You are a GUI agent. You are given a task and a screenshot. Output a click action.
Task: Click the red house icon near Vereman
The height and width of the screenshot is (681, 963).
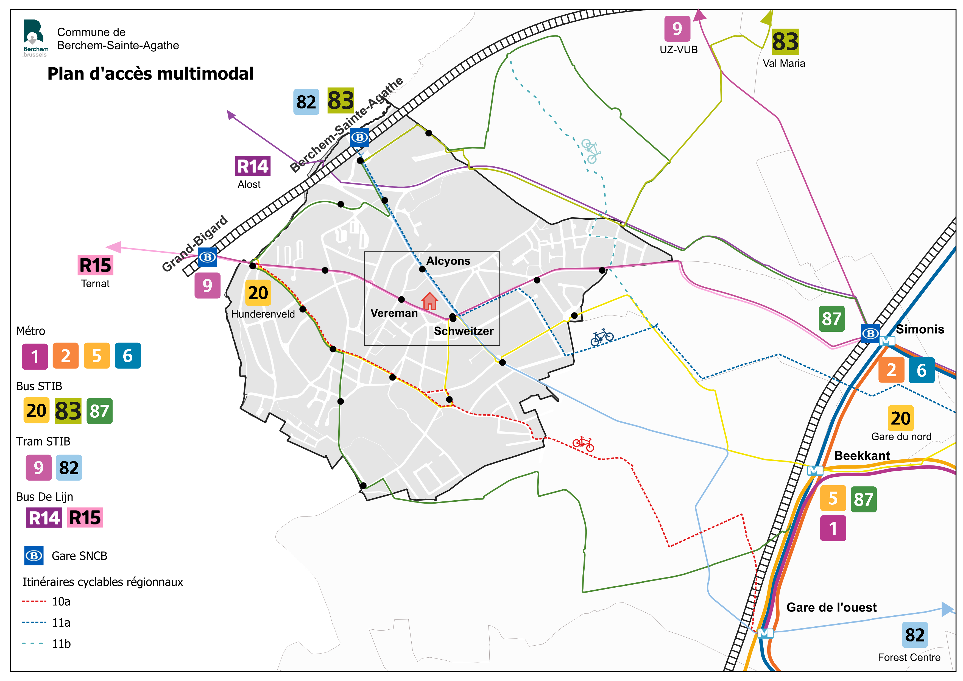pos(429,301)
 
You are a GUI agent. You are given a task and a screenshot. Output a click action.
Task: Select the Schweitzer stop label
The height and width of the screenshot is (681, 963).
pos(464,331)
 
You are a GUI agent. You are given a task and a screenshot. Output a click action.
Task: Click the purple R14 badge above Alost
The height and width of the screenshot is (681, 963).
pos(253,166)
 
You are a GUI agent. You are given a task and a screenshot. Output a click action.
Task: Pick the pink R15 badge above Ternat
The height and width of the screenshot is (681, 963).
pos(95,266)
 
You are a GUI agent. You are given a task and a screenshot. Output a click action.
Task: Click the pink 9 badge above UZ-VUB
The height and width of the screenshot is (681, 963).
pos(677,29)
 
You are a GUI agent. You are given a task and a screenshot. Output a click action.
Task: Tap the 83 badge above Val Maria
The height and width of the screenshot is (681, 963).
pos(785,41)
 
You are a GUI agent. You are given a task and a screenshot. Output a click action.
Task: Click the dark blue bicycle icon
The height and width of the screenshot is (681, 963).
pos(602,337)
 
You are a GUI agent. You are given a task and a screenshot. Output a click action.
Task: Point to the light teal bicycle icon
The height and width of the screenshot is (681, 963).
pos(591,150)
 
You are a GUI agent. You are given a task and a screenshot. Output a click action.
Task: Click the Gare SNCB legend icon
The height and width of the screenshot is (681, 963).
pos(34,556)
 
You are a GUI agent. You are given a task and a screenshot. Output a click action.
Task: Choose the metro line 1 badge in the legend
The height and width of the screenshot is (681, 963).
pos(35,356)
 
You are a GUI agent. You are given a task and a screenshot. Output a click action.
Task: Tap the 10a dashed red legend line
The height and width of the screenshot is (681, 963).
pos(34,601)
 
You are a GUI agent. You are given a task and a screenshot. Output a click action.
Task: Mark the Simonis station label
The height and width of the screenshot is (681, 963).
pos(920,329)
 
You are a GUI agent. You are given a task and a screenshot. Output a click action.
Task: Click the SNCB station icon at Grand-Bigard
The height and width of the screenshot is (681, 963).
pos(207,257)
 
